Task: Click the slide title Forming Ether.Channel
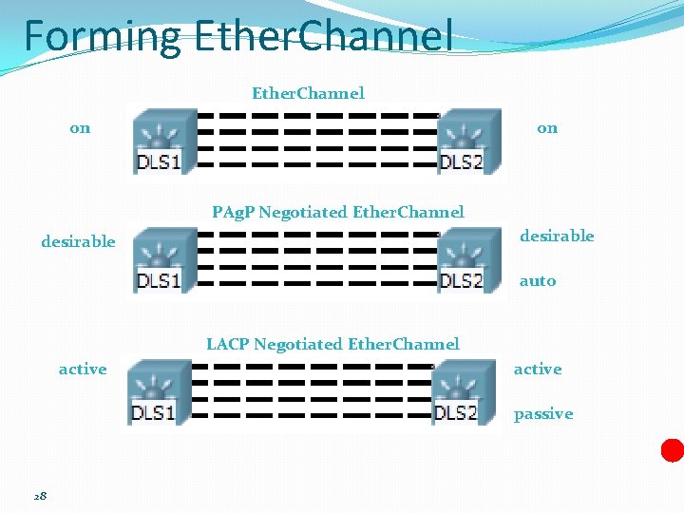click(237, 36)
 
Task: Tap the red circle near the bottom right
click(673, 449)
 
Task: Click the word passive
click(543, 414)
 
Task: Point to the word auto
click(538, 281)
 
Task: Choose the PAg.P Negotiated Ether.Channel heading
click(338, 212)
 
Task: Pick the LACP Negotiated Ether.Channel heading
click(332, 344)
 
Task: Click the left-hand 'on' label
click(81, 128)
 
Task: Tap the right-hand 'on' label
click(547, 128)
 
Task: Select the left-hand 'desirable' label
click(78, 241)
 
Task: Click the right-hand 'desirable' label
click(557, 236)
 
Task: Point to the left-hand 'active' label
click(83, 370)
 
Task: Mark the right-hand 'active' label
click(538, 370)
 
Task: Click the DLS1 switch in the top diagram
click(160, 141)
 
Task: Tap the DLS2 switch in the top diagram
click(465, 141)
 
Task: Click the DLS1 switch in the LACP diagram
click(154, 393)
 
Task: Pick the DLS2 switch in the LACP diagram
click(459, 393)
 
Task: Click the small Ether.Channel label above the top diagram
click(308, 93)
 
